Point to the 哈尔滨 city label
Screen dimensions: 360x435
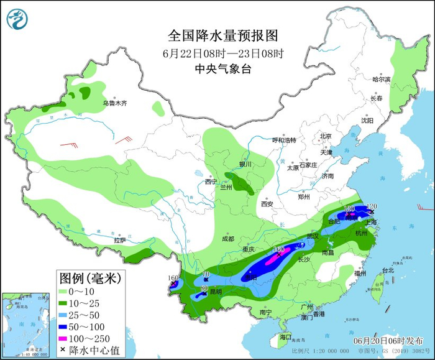pos(381,80)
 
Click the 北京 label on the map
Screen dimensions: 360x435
pos(326,136)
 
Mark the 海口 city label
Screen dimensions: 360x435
pos(285,336)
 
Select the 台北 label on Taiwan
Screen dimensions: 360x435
pos(388,270)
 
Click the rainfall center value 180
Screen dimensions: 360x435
pos(280,249)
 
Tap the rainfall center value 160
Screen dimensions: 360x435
pos(173,278)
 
